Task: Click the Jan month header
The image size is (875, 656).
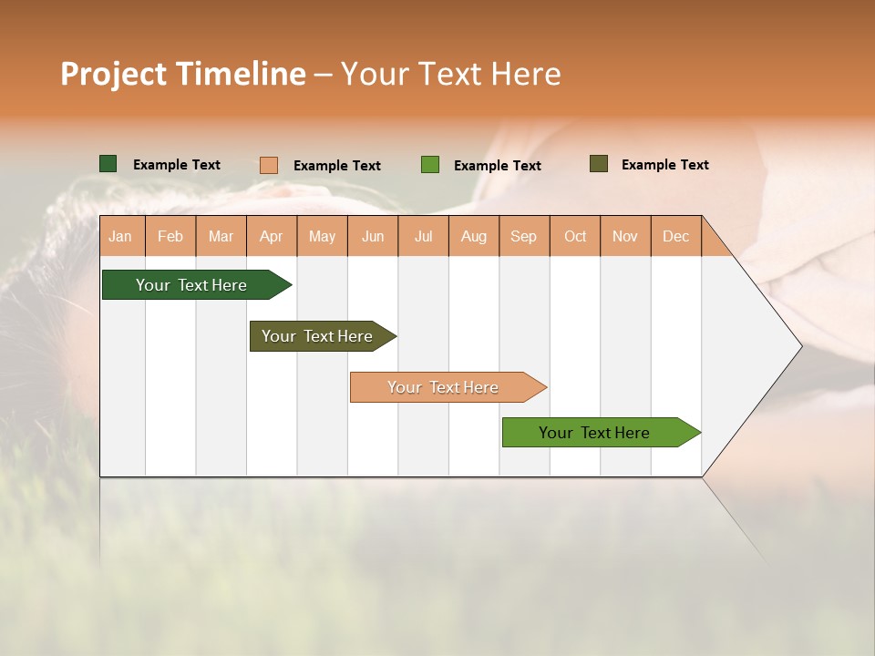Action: pyautogui.click(x=121, y=236)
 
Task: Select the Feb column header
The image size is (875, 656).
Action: pyautogui.click(x=170, y=236)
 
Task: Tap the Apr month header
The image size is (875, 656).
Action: pyautogui.click(x=272, y=236)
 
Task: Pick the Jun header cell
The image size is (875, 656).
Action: pyautogui.click(x=373, y=236)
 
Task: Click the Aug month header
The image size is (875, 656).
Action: pyautogui.click(x=474, y=236)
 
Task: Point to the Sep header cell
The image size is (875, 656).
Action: pyautogui.click(x=524, y=236)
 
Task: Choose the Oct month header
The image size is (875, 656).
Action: pyautogui.click(x=575, y=236)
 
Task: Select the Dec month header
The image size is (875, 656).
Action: pyautogui.click(x=676, y=236)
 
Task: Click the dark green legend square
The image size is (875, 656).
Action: pyautogui.click(x=108, y=164)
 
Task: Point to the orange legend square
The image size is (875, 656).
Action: pyautogui.click(x=269, y=165)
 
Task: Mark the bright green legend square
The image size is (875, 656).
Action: pyautogui.click(x=430, y=165)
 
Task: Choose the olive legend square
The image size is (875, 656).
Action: pyautogui.click(x=599, y=164)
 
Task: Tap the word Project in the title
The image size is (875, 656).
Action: pyautogui.click(x=113, y=74)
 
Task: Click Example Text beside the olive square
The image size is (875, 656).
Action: pyautogui.click(x=664, y=165)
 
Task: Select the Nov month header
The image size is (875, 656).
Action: pyautogui.click(x=625, y=236)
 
